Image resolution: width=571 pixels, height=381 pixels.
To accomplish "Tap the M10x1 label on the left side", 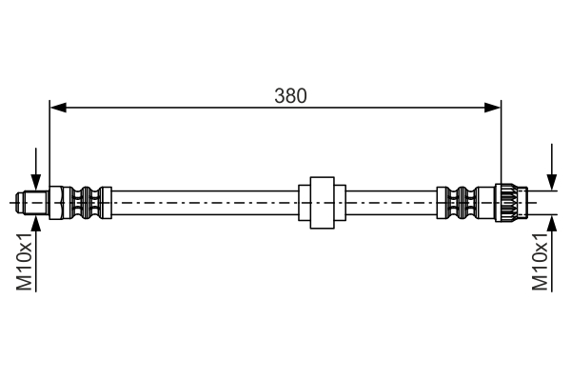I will pos(26,265).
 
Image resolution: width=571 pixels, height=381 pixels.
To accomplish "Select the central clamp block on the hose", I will pos(320,202).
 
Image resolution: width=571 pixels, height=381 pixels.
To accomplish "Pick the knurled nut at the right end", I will pos(507,202).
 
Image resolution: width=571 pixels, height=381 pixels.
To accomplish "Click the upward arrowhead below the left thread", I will pos(35,222).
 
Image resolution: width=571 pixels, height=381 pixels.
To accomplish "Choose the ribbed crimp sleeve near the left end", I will pos(89,202).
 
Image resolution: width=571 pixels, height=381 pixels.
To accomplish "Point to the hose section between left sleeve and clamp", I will pos(205,202).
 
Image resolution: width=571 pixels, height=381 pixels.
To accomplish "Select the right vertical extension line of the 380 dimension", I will pos(501,143).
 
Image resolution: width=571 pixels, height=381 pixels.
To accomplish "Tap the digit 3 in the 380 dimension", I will pos(279,95).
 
